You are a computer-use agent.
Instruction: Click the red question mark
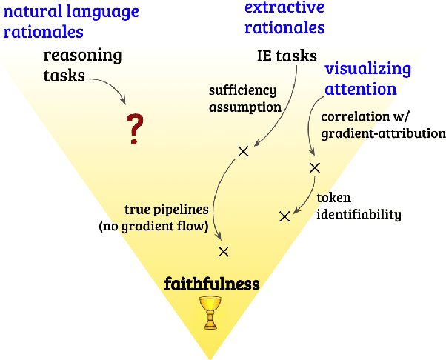pyautogui.click(x=134, y=129)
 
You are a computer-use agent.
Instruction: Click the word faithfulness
pyautogui.click(x=212, y=283)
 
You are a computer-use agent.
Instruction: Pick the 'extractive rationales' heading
pyautogui.click(x=284, y=18)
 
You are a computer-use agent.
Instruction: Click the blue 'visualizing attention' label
pyautogui.click(x=368, y=79)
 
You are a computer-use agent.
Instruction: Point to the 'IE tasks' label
pyautogui.click(x=282, y=56)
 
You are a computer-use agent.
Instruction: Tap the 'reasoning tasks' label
pyautogui.click(x=82, y=64)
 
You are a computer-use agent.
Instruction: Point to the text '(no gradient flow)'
pyautogui.click(x=153, y=227)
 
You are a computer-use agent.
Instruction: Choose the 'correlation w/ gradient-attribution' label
pyautogui.click(x=382, y=125)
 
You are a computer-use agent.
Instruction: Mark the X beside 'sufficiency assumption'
pyautogui.click(x=242, y=152)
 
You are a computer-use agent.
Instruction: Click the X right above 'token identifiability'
pyautogui.click(x=314, y=167)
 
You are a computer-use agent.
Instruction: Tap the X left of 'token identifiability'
pyautogui.click(x=284, y=216)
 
